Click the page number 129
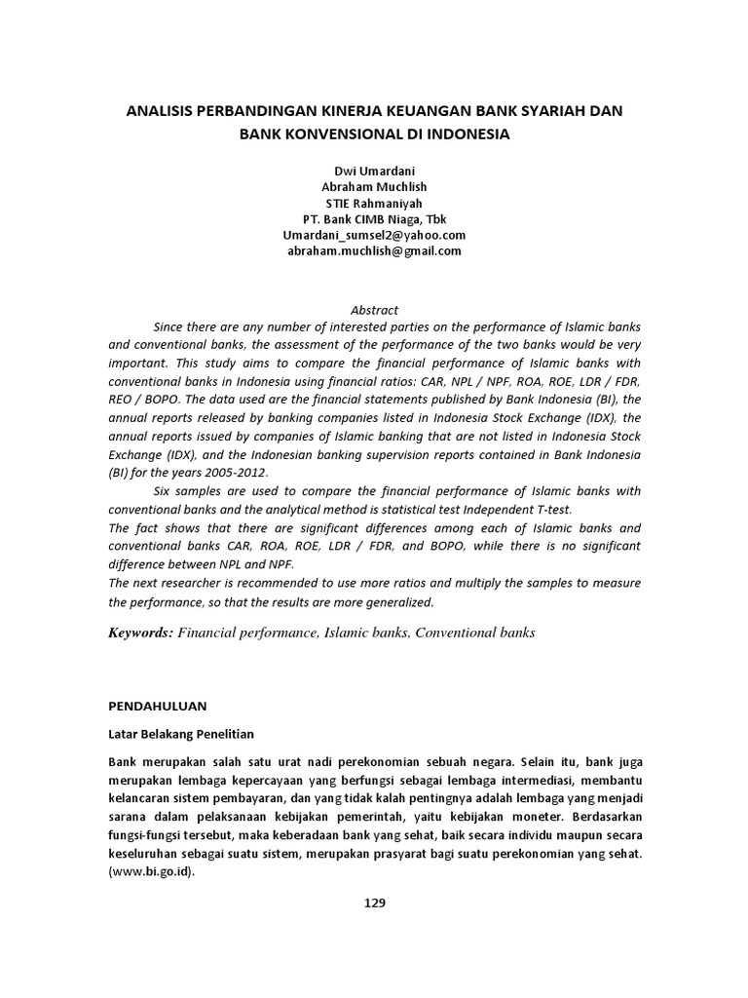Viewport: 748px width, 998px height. coord(375,902)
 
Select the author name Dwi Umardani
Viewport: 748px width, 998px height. coord(374,171)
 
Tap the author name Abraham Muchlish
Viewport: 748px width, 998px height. coord(374,186)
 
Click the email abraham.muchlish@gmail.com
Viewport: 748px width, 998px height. coord(374,250)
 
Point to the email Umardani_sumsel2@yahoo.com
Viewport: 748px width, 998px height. coord(374,235)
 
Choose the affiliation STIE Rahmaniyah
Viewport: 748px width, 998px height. coord(374,203)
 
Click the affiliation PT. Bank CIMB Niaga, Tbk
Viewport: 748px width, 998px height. coord(374,218)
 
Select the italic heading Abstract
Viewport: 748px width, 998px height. coord(374,310)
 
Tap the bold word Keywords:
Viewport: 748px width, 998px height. coord(140,633)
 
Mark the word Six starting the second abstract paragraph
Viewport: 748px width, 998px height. coord(164,491)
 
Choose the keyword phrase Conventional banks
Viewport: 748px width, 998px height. coord(475,633)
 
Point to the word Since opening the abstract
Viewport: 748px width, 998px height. coord(169,326)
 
